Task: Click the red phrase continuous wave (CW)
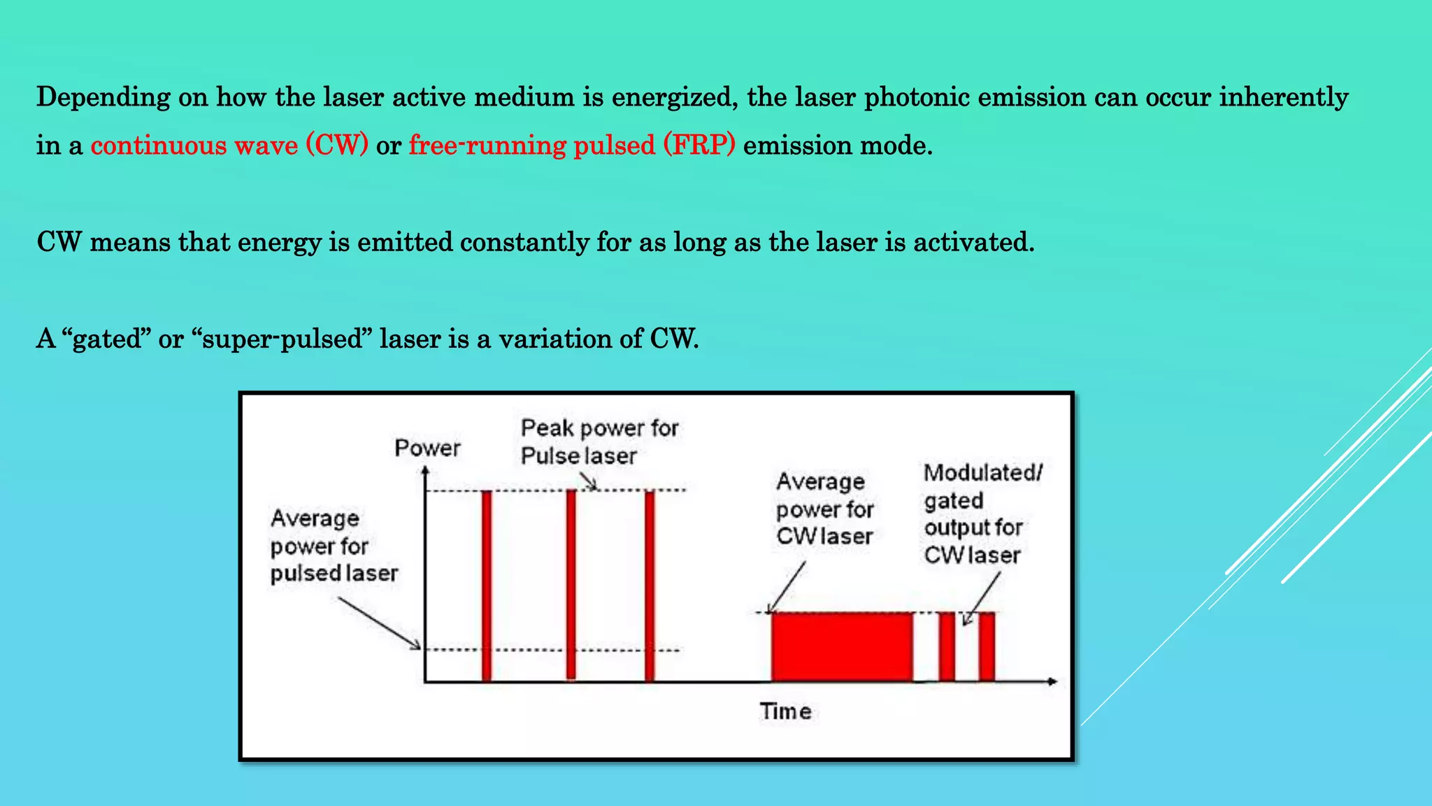[x=229, y=146]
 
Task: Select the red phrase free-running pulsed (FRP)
[x=572, y=146]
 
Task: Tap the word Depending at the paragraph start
[x=103, y=97]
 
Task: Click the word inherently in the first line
[x=1284, y=97]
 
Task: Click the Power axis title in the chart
[x=427, y=448]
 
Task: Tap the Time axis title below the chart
[x=785, y=712]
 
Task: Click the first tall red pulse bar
[x=487, y=585]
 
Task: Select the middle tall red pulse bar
[x=571, y=585]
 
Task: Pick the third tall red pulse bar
[x=650, y=585]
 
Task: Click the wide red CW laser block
[x=842, y=646]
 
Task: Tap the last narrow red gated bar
[x=987, y=646]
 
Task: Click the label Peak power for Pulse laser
[x=599, y=441]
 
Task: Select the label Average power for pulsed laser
[x=334, y=546]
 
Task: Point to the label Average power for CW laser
[x=824, y=509]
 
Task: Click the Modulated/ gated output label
[x=981, y=514]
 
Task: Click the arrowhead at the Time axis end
[x=1052, y=681]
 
